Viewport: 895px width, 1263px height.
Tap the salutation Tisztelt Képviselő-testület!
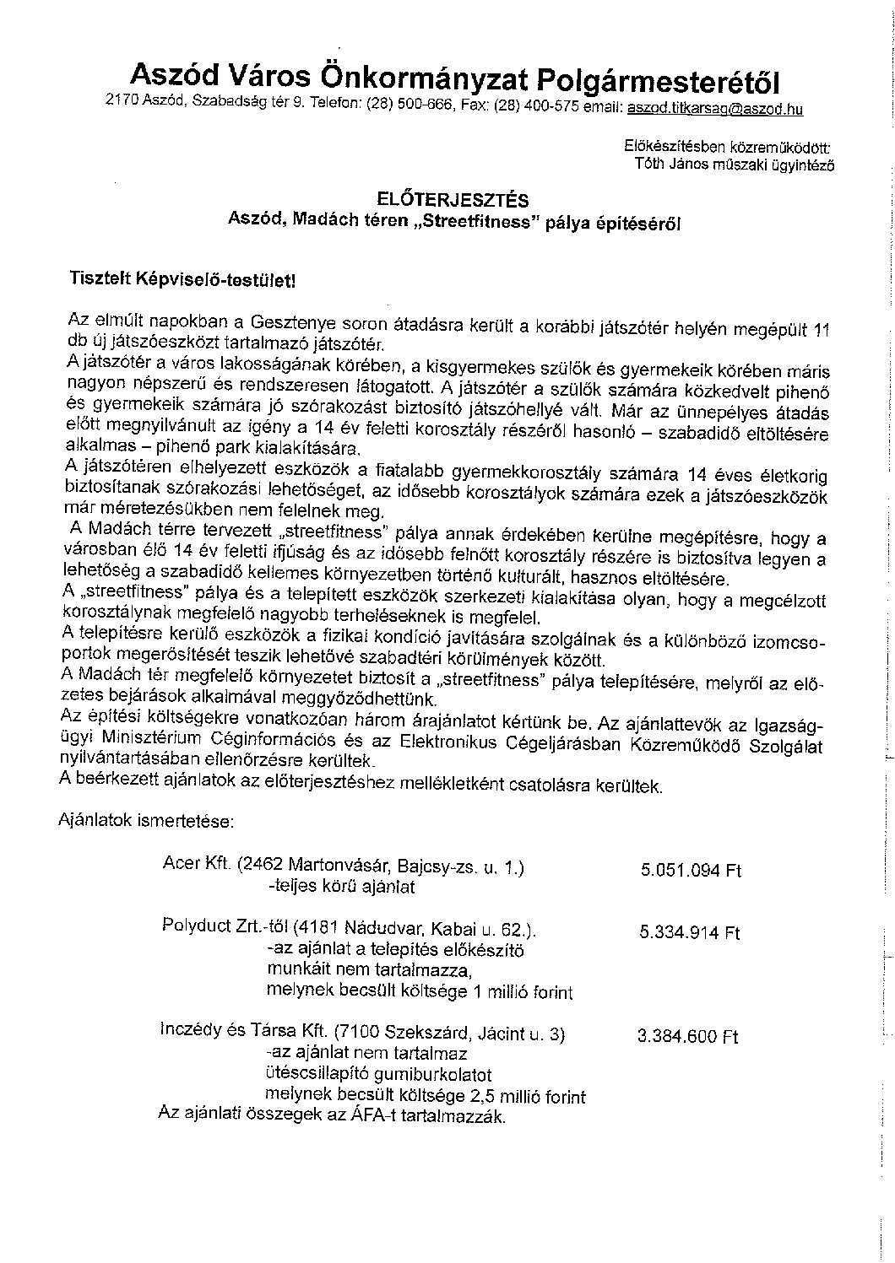pyautogui.click(x=183, y=279)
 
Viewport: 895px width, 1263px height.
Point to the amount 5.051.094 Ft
pyautogui.click(x=691, y=871)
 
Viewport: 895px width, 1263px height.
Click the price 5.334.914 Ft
pyautogui.click(x=690, y=932)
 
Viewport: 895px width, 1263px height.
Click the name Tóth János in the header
pyautogui.click(x=670, y=165)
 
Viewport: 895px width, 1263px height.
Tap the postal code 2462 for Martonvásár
pyautogui.click(x=263, y=865)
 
